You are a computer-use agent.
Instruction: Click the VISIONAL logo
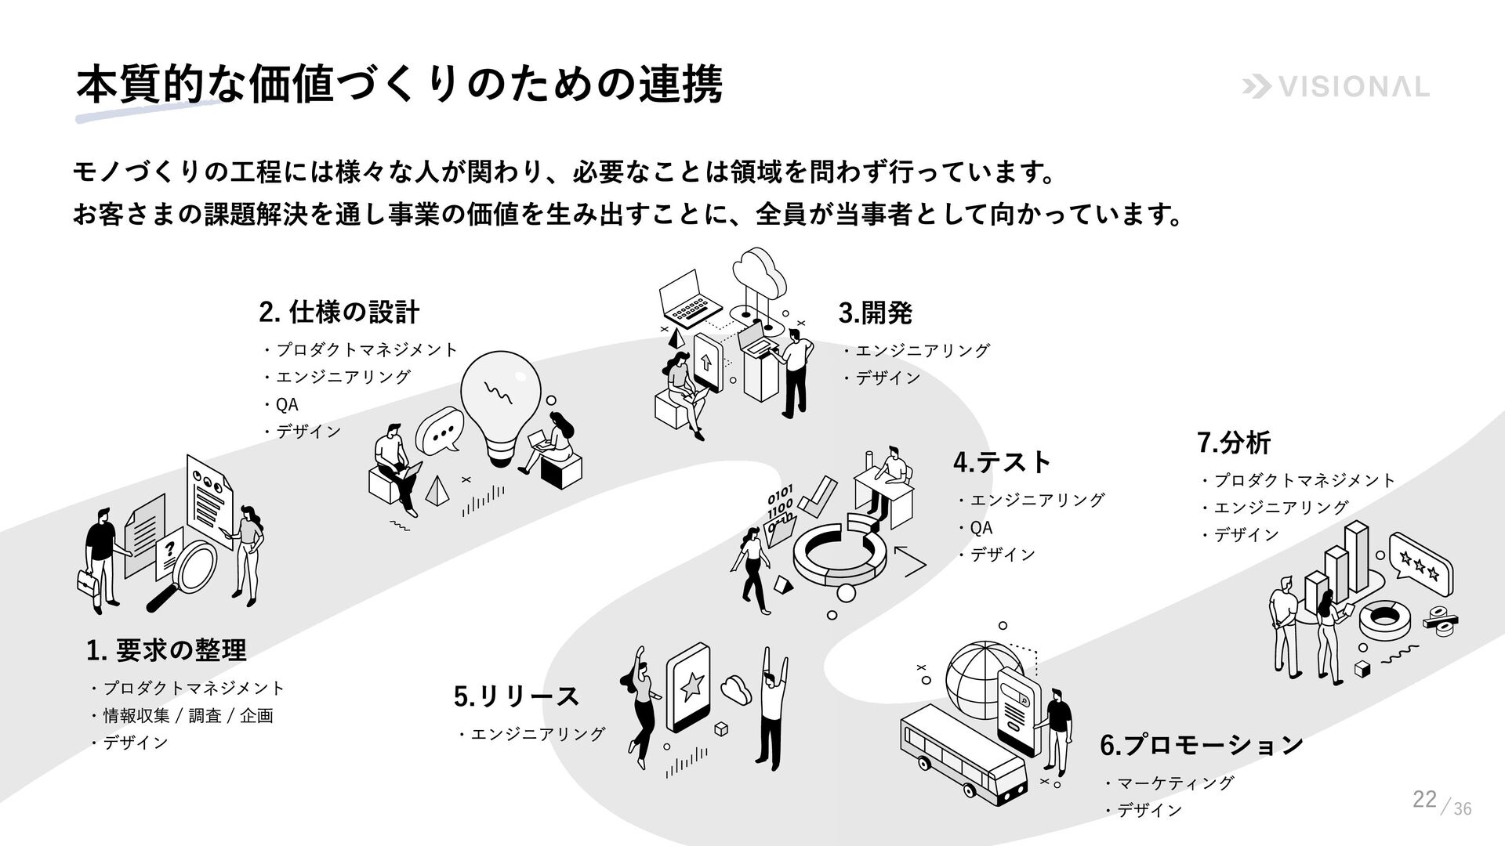point(1336,88)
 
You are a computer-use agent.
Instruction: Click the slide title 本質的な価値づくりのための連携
point(398,85)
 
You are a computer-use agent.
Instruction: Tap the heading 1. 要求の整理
point(166,650)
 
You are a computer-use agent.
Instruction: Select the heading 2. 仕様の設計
point(339,313)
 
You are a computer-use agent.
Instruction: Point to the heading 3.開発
point(875,313)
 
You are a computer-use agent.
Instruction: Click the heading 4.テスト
point(1002,462)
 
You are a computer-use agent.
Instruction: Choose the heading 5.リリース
point(517,696)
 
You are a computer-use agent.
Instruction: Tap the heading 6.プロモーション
point(1201,744)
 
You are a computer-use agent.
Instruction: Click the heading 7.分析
point(1234,443)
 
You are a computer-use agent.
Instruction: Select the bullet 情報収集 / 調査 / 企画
point(187,716)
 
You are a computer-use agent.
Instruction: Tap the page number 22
point(1424,800)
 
